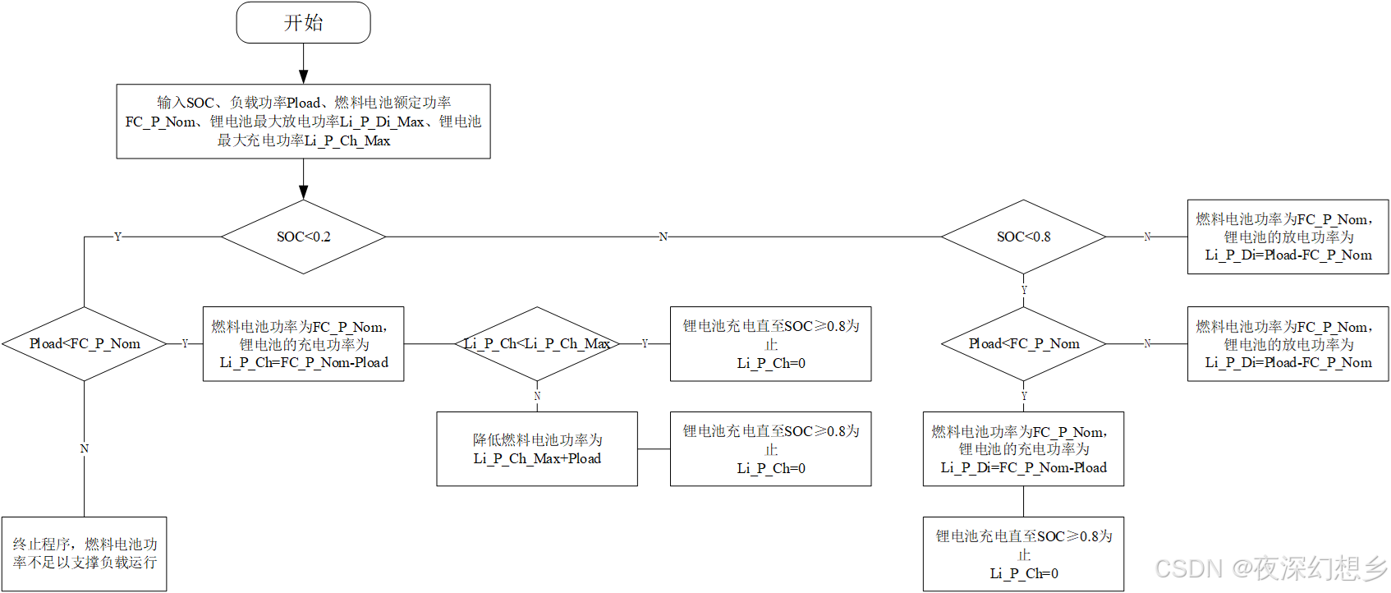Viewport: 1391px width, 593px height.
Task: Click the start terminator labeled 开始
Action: (x=303, y=22)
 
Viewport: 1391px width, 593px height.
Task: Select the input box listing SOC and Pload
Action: (x=303, y=122)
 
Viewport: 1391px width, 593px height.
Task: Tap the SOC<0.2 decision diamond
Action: (x=303, y=237)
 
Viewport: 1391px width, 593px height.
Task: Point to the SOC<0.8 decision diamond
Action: (x=1023, y=237)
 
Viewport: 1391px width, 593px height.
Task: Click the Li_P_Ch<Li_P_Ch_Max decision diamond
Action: (x=537, y=343)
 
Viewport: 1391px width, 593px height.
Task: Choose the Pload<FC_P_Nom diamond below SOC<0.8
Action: (x=1023, y=343)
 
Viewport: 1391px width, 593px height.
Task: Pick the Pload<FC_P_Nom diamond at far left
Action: (x=85, y=343)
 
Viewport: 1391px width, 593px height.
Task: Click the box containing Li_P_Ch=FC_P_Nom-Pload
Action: (x=303, y=344)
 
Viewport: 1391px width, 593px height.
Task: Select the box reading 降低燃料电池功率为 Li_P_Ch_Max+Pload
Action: (x=537, y=449)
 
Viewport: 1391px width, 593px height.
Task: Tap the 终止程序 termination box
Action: (x=85, y=554)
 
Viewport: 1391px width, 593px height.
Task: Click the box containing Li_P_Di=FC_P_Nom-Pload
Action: (x=1023, y=449)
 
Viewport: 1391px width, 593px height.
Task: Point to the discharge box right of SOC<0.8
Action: (x=1288, y=237)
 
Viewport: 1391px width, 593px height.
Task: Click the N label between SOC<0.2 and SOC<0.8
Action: (x=663, y=237)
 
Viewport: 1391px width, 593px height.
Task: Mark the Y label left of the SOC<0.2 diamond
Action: (x=117, y=237)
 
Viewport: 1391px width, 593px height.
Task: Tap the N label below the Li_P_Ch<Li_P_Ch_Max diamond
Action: (x=537, y=396)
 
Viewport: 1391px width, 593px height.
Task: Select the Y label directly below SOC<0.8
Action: (x=1024, y=290)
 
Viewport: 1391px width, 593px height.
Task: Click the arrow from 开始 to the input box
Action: (x=303, y=63)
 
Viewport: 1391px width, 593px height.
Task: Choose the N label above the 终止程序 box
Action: (x=85, y=448)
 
